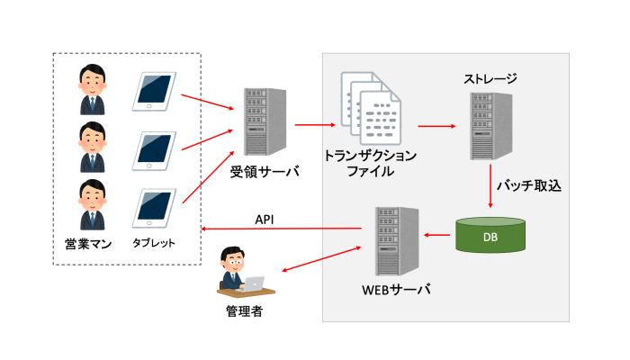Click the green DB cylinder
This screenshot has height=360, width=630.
pyautogui.click(x=491, y=237)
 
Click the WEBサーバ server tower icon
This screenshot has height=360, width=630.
pyautogui.click(x=395, y=240)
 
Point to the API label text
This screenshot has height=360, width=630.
pyautogui.click(x=265, y=219)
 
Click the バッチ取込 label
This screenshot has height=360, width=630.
pyautogui.click(x=535, y=186)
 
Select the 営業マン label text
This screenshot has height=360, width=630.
pyautogui.click(x=91, y=243)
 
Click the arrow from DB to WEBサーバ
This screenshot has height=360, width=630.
pyautogui.click(x=438, y=237)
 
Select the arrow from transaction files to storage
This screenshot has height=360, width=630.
pyautogui.click(x=436, y=127)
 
